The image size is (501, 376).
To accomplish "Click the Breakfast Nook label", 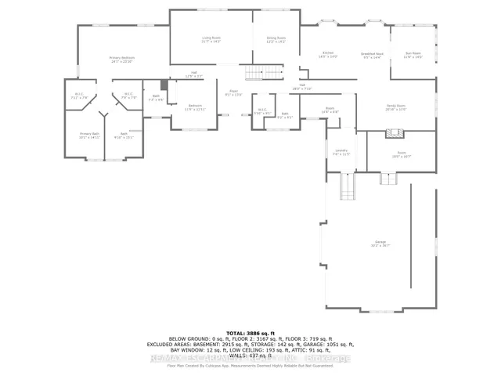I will coord(370,55).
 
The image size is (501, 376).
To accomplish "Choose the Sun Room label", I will coord(412,55).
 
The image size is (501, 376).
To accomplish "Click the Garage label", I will coord(380,244).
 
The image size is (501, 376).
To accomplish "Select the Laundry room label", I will coord(341,153).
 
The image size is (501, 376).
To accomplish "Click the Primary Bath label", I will coord(89,136).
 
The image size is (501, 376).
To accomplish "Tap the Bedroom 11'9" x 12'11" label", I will coord(194,107).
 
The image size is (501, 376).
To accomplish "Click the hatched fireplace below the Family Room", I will coord(391,134).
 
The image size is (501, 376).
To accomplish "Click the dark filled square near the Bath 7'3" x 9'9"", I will coord(164,85).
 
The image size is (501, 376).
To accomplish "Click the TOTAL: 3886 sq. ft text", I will coord(250,334).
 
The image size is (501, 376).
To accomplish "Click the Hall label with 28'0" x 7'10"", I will coord(301,87).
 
